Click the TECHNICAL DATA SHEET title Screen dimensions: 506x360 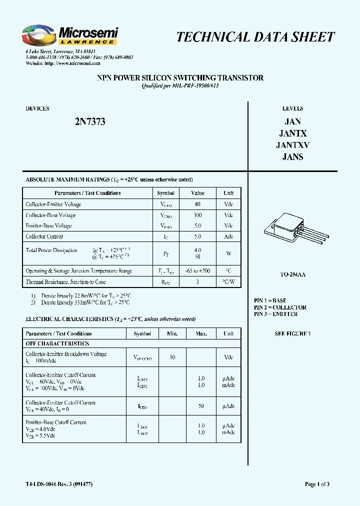[x=255, y=37]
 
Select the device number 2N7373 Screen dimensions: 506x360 [x=90, y=122]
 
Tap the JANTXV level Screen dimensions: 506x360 [x=292, y=145]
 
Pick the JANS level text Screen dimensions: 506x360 [x=292, y=157]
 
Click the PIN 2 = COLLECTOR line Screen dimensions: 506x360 [x=280, y=307]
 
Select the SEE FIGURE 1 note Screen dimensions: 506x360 [x=292, y=333]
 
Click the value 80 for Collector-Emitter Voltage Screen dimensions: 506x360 [x=197, y=204]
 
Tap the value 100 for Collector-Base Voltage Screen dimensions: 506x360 [x=197, y=215]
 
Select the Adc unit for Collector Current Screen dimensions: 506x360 [x=228, y=236]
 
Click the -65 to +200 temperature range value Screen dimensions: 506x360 [x=197, y=271]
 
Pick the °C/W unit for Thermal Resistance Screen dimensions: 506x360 [x=228, y=282]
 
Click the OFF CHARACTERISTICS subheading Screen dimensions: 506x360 [x=57, y=343]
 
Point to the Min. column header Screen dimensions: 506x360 [x=172, y=333]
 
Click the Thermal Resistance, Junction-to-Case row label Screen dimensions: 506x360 [x=65, y=282]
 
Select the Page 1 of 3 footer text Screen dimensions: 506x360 [x=317, y=484]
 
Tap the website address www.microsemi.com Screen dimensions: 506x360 [x=72, y=63]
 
